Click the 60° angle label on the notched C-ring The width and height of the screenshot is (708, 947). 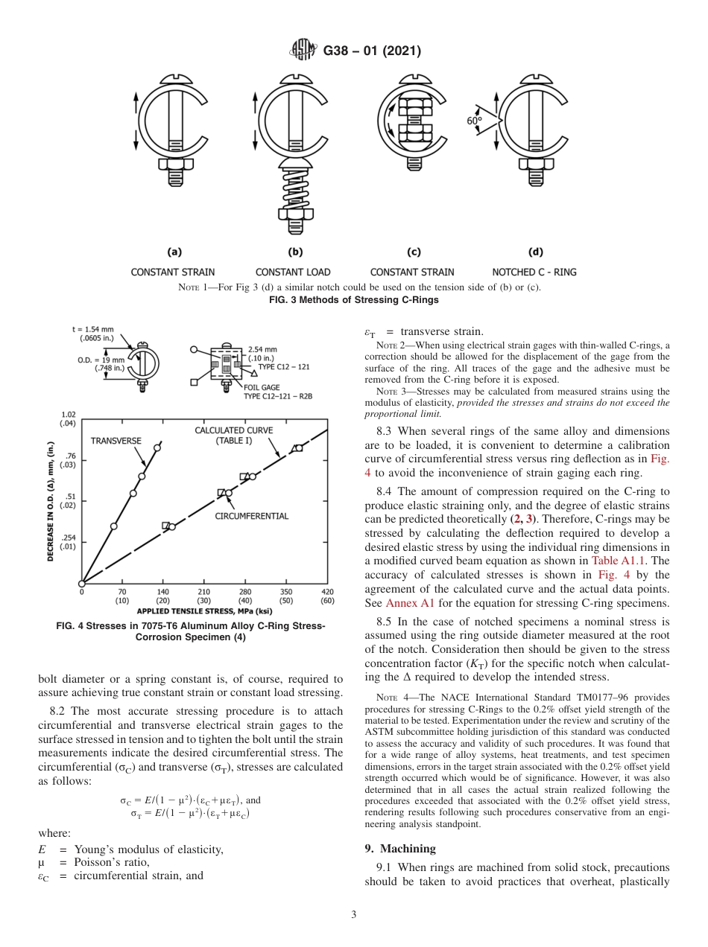coord(475,121)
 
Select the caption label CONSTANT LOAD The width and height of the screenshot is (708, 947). coord(293,272)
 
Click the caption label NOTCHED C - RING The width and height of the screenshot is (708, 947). coord(534,272)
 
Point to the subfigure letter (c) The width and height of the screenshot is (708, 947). coord(411,252)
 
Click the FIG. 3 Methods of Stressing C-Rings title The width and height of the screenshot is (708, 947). coord(353,300)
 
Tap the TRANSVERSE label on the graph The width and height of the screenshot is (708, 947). coord(116,441)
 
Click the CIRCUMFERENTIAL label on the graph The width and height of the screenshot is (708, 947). coord(252,515)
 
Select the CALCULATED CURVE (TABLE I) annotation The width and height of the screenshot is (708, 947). coord(234,435)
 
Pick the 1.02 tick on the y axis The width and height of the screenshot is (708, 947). coord(68,415)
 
